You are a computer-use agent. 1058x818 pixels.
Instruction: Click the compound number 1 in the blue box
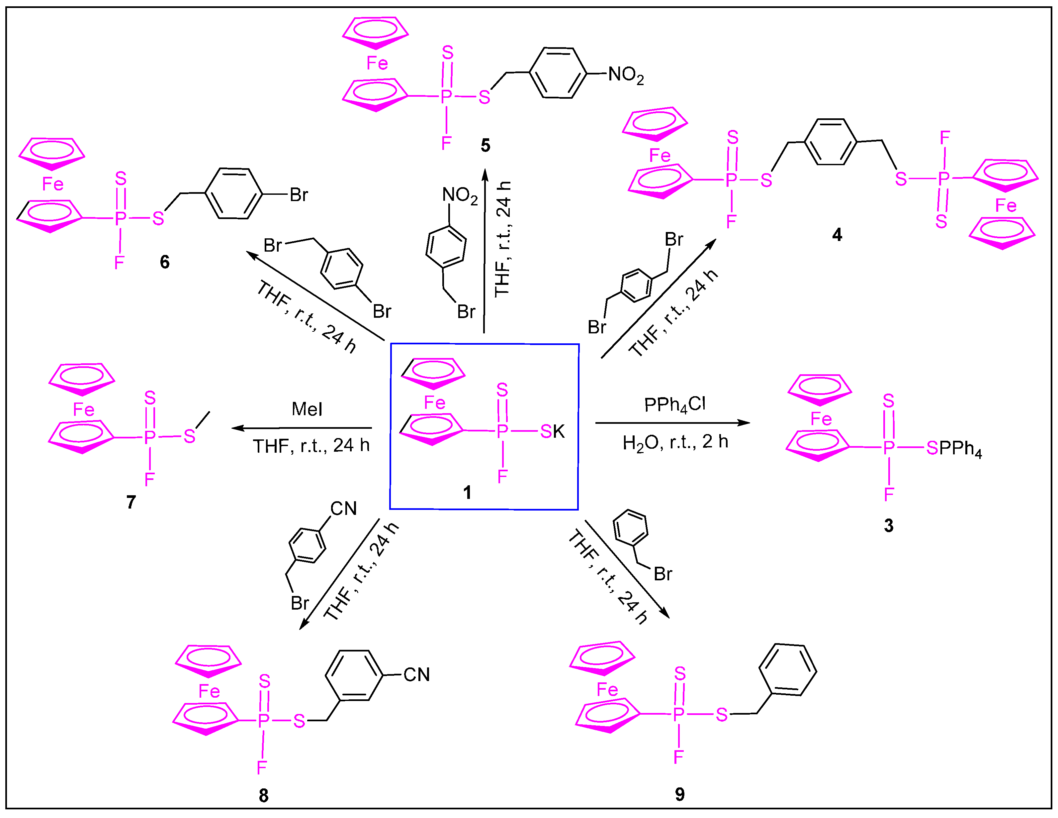[467, 493]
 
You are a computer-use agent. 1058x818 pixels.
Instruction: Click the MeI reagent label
[307, 409]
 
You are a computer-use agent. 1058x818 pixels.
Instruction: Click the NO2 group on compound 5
[626, 75]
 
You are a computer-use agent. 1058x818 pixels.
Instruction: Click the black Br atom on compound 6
[299, 195]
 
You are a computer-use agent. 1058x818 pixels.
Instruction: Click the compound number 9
[680, 794]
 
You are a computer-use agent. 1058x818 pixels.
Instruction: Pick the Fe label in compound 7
[83, 410]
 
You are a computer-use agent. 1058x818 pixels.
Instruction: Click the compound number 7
[131, 502]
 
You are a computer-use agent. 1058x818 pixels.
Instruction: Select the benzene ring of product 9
[788, 670]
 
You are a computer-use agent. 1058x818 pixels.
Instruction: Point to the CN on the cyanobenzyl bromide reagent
[343, 509]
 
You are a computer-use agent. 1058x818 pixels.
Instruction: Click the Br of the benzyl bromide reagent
[663, 574]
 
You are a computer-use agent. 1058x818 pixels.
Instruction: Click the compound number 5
[485, 146]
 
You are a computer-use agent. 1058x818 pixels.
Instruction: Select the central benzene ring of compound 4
[830, 142]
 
